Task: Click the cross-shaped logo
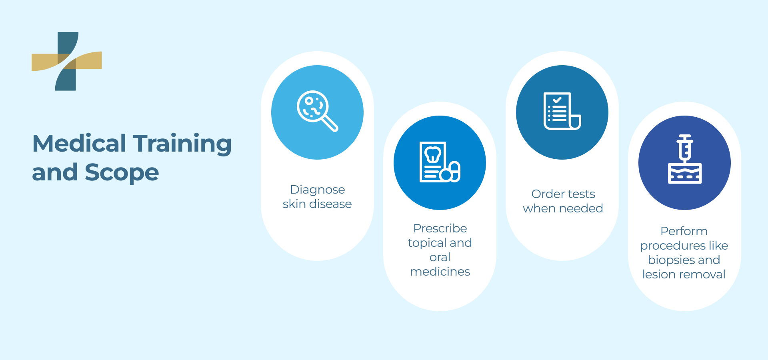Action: click(67, 61)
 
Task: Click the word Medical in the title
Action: click(79, 144)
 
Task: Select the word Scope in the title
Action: click(122, 173)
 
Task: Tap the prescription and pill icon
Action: click(440, 162)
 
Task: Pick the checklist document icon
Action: click(562, 111)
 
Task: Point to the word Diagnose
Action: click(317, 190)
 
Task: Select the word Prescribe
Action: click(440, 228)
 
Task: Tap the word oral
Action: click(440, 257)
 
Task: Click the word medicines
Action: click(440, 272)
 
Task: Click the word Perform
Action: click(684, 231)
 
